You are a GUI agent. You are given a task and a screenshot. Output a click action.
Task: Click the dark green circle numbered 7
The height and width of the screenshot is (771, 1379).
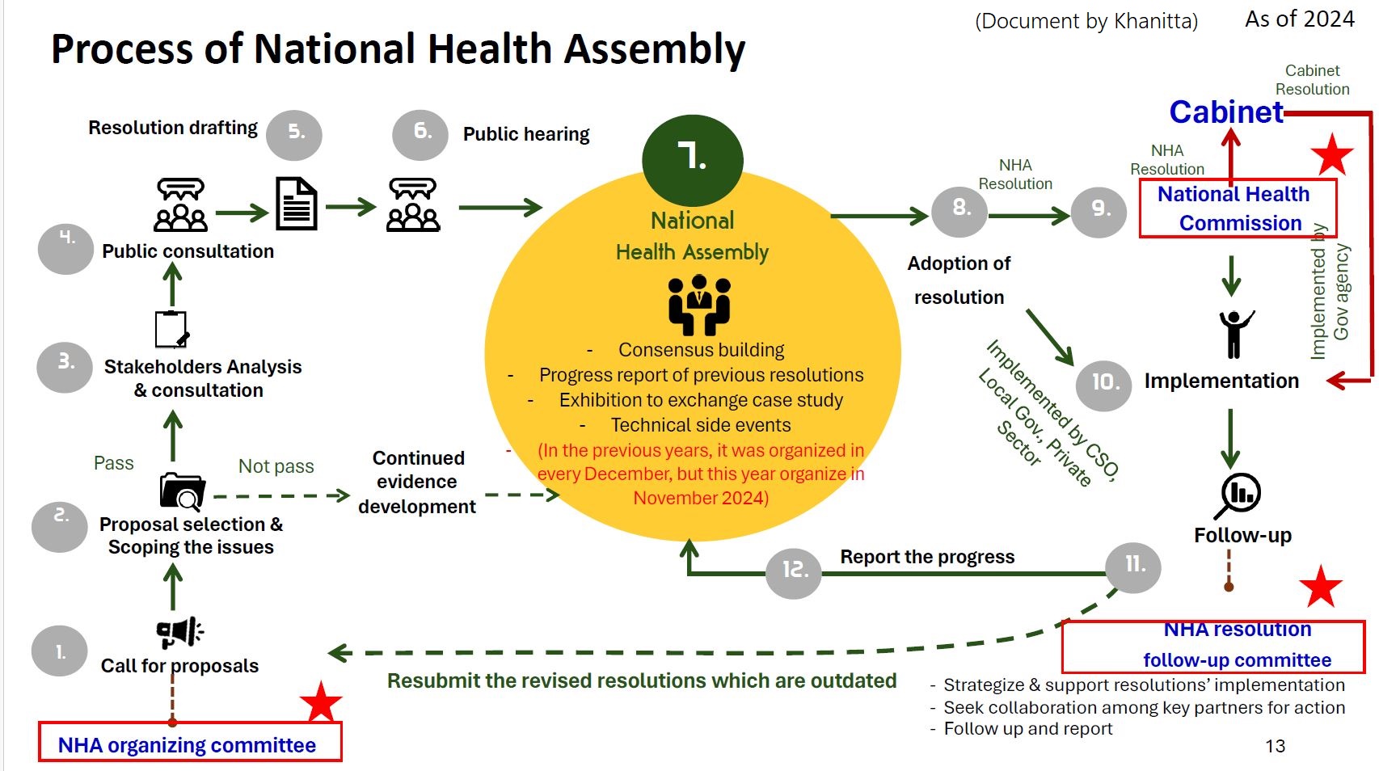[692, 159]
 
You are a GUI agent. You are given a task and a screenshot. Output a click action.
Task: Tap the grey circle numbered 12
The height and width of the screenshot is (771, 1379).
[794, 571]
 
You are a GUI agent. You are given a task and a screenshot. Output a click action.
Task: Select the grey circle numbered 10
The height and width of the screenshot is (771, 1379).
[1103, 383]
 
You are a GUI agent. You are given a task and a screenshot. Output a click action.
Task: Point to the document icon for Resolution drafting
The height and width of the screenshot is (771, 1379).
[297, 204]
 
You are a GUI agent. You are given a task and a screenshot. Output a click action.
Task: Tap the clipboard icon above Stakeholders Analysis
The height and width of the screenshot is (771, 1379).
[171, 329]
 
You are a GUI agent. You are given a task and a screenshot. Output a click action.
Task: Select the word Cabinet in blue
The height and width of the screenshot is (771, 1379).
[1225, 112]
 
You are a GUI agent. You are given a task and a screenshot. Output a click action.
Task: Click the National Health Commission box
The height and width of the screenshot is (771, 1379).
[1237, 209]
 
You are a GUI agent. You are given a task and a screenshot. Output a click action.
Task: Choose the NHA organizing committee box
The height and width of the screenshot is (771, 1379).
[190, 743]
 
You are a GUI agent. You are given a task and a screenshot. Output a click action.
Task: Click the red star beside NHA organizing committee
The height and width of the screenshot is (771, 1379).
[321, 701]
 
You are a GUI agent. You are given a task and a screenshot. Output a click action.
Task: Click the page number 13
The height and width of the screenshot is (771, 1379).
[1275, 746]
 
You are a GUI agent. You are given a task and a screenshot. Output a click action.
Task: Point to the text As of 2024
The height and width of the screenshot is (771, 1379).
[1299, 19]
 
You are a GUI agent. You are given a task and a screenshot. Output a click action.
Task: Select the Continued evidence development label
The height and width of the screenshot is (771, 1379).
[417, 482]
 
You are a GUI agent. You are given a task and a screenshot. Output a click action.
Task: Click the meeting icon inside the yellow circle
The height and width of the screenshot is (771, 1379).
[699, 305]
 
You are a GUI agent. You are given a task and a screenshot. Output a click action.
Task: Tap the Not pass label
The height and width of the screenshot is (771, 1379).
[276, 466]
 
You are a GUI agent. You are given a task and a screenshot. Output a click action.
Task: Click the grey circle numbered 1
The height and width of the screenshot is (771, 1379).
[60, 651]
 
